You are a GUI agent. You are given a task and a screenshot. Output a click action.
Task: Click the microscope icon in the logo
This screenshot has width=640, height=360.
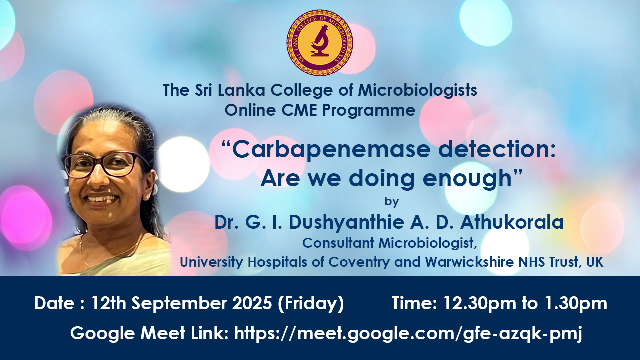tap(319, 41)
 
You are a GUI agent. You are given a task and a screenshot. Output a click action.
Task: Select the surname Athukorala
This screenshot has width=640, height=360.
tap(512, 222)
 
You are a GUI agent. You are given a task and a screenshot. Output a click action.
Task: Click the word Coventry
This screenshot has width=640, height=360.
tap(359, 262)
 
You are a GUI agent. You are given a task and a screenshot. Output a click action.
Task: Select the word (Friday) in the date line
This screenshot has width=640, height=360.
tap(311, 304)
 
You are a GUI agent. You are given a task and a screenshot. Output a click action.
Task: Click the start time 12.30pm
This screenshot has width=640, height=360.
tap(480, 304)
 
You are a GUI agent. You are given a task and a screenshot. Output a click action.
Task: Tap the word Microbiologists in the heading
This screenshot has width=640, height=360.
tap(417, 91)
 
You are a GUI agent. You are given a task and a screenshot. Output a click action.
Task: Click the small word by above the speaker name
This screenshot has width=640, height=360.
tap(391, 201)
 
